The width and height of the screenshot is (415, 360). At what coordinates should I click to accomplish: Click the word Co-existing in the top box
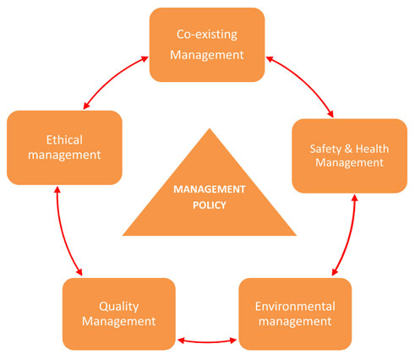(207, 35)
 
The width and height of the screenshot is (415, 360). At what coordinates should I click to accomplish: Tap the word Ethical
(64, 140)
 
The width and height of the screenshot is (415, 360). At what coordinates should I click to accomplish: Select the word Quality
(119, 307)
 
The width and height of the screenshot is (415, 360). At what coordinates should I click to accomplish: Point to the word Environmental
(295, 307)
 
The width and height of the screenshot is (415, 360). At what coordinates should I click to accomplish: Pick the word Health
(372, 149)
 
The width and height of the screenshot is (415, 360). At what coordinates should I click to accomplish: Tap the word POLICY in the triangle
(210, 205)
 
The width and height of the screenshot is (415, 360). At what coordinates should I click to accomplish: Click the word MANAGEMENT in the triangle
(210, 189)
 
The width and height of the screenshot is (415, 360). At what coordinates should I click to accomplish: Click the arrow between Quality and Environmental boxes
(207, 341)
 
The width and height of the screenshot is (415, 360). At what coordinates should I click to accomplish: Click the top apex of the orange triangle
(210, 128)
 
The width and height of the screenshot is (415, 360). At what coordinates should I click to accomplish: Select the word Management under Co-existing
(207, 55)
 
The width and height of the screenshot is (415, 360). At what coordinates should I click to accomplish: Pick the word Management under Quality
(119, 322)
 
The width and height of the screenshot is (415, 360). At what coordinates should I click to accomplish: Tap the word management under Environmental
(295, 322)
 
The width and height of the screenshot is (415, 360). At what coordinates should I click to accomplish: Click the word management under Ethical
(64, 155)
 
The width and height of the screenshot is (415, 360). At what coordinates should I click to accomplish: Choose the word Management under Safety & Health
(349, 163)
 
